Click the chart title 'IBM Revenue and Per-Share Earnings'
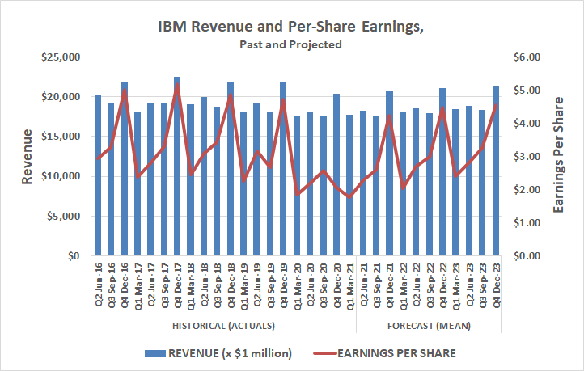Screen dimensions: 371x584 [291, 26]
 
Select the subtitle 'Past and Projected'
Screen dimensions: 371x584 [291, 44]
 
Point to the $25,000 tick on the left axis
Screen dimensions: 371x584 [61, 57]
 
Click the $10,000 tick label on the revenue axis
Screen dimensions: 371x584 [61, 176]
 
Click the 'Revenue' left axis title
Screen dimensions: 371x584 [28, 156]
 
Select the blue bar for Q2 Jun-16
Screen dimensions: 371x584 [98, 175]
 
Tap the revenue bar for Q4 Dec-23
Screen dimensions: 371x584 [495, 171]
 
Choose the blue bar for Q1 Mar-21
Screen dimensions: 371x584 [349, 185]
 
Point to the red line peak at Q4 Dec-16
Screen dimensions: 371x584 [125, 91]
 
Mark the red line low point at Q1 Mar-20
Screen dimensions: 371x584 [297, 194]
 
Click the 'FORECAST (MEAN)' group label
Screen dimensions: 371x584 [430, 325]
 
